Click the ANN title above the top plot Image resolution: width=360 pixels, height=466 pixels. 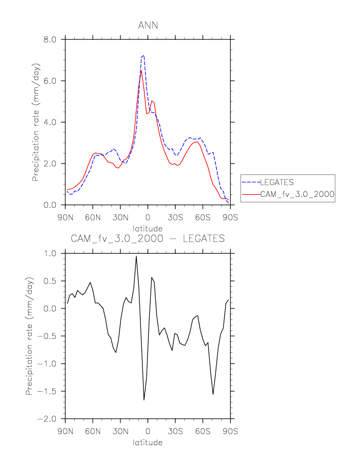coord(148,25)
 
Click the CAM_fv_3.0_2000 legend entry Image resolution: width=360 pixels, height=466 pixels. coord(297,194)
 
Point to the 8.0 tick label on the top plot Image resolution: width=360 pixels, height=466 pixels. coord(52,39)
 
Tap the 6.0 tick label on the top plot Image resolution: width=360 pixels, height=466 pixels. coord(52,81)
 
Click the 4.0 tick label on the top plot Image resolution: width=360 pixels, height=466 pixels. coord(52,122)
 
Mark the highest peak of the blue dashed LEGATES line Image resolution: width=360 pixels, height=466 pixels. coord(143,55)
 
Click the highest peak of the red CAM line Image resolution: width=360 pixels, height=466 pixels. coord(141,70)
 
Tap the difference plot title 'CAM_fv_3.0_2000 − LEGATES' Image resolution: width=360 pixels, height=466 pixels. coord(148,239)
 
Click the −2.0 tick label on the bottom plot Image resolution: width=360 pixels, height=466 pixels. coord(49,419)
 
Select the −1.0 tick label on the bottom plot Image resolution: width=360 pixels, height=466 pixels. coord(49,364)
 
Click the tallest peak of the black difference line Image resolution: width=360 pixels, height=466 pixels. coord(136,256)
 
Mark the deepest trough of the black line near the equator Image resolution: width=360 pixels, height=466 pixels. coord(144,400)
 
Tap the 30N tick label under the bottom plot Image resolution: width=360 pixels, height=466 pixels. coord(120,432)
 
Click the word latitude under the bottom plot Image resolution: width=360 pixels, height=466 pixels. coord(148,442)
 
